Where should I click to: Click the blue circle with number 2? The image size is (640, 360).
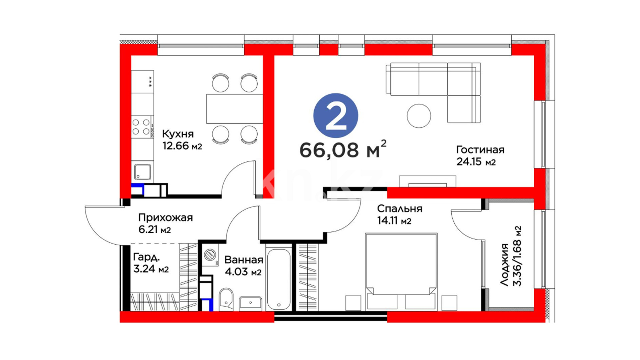(336, 115)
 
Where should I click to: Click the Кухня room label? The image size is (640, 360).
(178, 134)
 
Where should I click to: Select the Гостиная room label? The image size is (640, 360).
(480, 150)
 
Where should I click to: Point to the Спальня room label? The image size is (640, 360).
(400, 209)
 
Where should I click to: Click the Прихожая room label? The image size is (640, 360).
(165, 218)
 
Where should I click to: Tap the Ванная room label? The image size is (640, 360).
(244, 260)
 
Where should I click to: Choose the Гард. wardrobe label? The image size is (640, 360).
(146, 257)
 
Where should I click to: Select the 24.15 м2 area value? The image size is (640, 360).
(476, 162)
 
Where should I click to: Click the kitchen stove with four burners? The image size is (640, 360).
(142, 127)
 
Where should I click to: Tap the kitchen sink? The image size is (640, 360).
(143, 172)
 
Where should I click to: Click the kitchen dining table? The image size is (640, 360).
(235, 109)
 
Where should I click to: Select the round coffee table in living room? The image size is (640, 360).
(419, 116)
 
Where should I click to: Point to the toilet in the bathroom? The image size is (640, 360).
(226, 299)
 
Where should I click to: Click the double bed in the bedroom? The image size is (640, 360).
(401, 272)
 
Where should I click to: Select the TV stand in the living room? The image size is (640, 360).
(428, 181)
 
